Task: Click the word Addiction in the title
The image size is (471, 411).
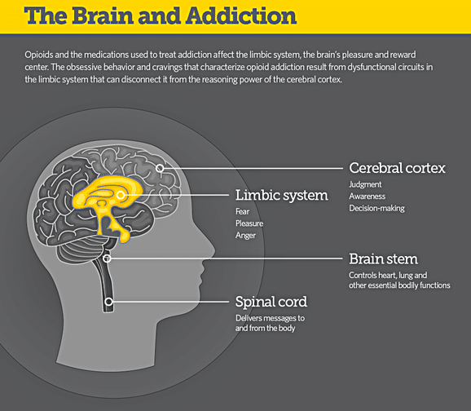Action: [x=241, y=15]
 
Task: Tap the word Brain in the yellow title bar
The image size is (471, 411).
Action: [x=103, y=15]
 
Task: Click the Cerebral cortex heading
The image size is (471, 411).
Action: [x=397, y=168]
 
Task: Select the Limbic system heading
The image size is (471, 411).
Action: [x=281, y=196]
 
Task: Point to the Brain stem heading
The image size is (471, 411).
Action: [x=383, y=259]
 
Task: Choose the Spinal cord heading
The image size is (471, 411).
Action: [x=271, y=303]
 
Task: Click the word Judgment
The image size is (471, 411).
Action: [x=365, y=184]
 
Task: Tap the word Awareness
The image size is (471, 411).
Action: [x=367, y=197]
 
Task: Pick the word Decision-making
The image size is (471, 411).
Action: [x=376, y=209]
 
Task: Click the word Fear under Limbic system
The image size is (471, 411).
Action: [x=242, y=212]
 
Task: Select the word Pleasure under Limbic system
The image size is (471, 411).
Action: [x=249, y=223]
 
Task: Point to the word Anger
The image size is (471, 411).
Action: [x=245, y=236]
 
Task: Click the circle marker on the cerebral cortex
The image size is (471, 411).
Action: [x=160, y=168]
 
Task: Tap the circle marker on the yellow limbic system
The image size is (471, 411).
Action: [x=121, y=195]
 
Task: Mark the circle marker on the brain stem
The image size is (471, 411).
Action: [x=107, y=259]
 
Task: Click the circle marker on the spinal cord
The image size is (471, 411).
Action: [x=108, y=301]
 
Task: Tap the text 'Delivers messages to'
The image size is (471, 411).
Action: [x=270, y=318]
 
